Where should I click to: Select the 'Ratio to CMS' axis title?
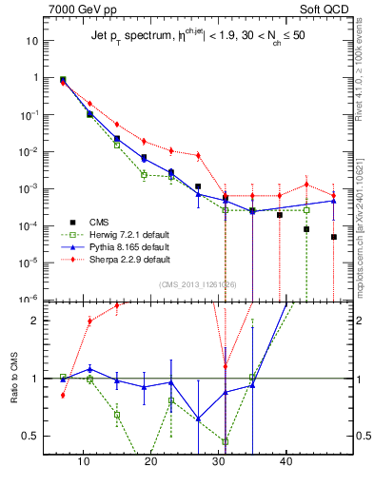pyautogui.click(x=12, y=380)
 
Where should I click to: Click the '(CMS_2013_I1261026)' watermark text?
pyautogui.click(x=199, y=284)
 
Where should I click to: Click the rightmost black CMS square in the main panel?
pyautogui.click(x=334, y=263)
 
